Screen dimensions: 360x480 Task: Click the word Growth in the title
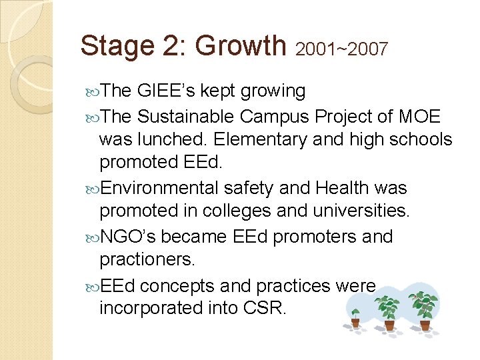click(x=241, y=45)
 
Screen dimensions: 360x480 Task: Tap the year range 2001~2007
click(x=341, y=49)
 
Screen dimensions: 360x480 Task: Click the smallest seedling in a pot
click(x=355, y=317)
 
